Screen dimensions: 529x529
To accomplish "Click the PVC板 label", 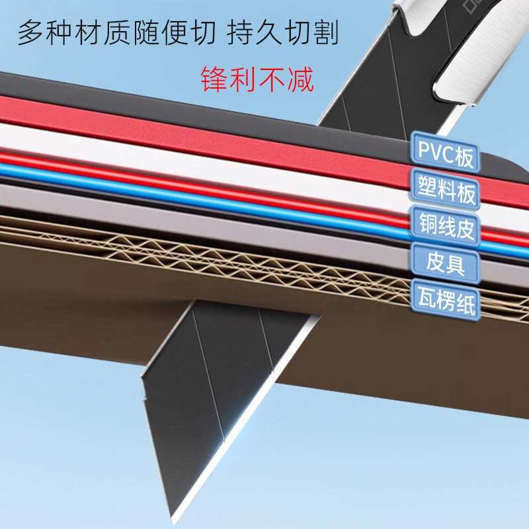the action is point(445,152).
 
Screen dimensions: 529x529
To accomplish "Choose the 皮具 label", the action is point(445,264).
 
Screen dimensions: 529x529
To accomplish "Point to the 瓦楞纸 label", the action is point(445,301).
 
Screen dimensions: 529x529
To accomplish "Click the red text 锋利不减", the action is point(256,78).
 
